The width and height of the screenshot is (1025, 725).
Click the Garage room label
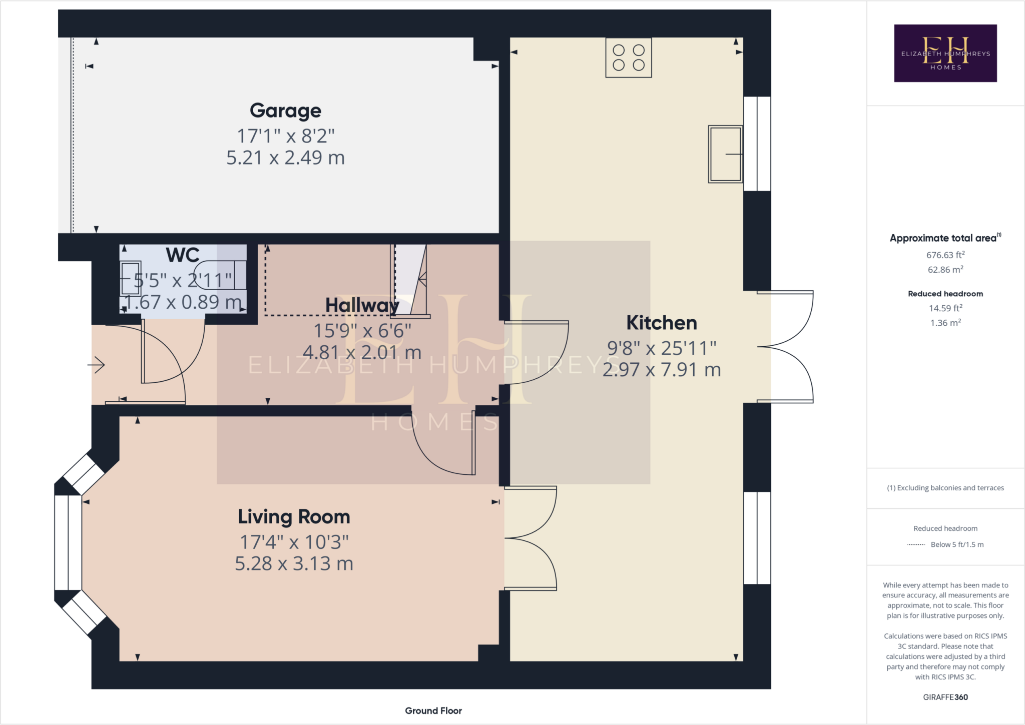pos(285,111)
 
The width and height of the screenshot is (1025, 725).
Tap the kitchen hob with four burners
pos(628,58)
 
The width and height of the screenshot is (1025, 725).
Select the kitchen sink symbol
pos(725,154)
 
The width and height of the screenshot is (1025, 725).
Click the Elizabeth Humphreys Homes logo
pos(945,53)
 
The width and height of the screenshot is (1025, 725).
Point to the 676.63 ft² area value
pos(945,255)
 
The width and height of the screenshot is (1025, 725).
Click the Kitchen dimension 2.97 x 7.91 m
pos(661,370)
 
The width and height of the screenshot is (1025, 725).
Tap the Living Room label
pos(294,517)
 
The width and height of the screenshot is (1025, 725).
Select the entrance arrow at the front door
pos(96,365)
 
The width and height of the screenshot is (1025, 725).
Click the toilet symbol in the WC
pos(220,275)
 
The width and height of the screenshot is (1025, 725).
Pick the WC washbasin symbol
pos(131,279)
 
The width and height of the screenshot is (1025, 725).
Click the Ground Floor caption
pos(433,710)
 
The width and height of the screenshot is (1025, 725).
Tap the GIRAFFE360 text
pos(945,697)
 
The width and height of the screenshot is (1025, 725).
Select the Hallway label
pos(362,305)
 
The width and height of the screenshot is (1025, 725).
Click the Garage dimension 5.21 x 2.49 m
pos(285,158)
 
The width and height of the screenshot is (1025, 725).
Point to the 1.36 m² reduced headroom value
pos(945,323)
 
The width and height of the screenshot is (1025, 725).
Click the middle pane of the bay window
pos(68,543)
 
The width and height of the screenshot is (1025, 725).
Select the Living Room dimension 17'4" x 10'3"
pos(294,542)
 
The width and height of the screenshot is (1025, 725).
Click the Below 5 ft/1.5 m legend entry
pos(956,544)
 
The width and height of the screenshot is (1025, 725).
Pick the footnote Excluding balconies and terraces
pos(945,488)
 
